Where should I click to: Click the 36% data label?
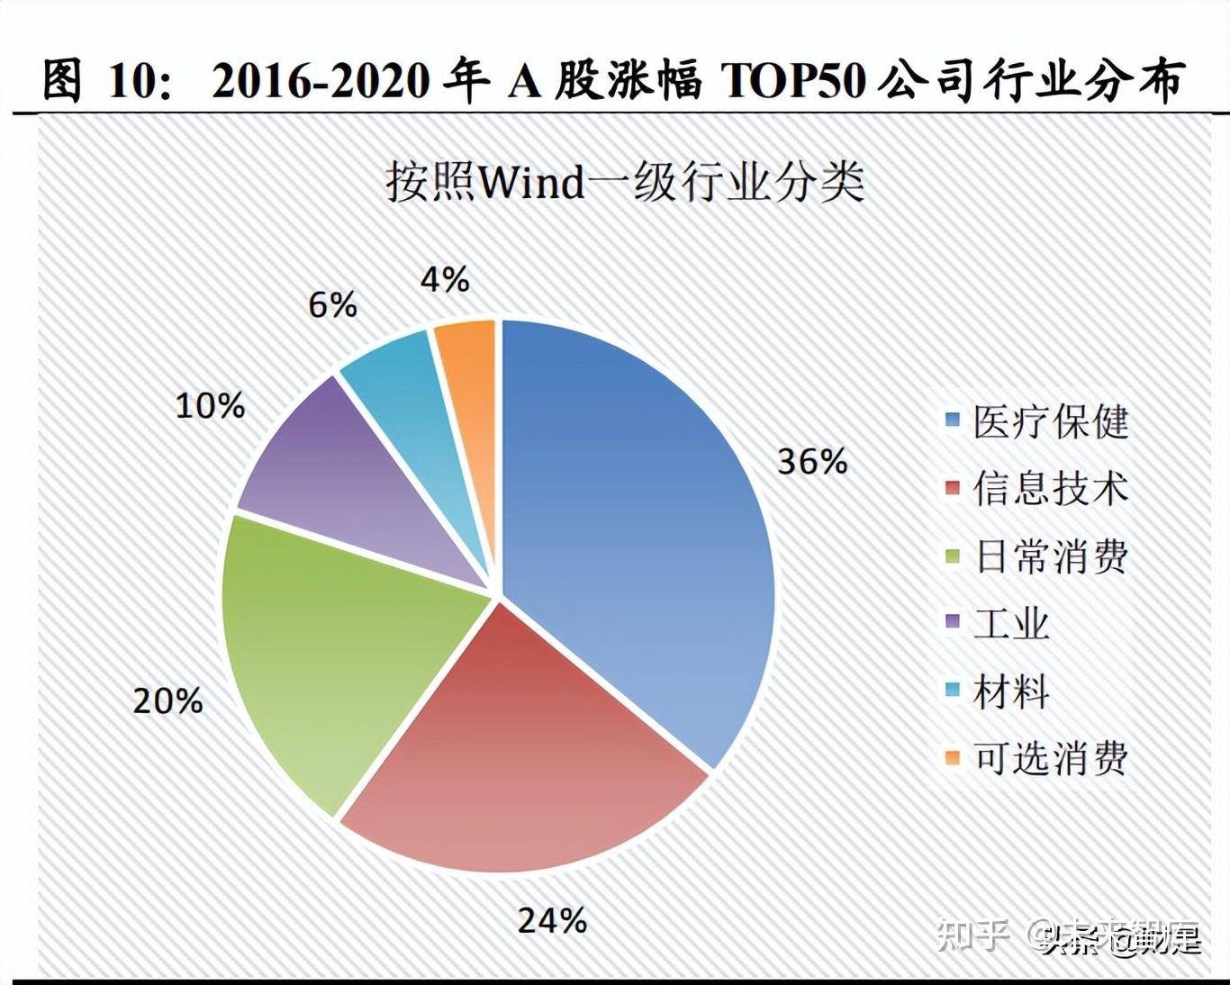coord(812,462)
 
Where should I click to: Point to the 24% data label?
coord(552,920)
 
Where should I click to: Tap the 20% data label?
coord(167,701)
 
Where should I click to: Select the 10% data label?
coord(209,406)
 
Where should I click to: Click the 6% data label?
coord(332,306)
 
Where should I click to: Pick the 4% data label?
coord(444,280)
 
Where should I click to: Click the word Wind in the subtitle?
coord(532,183)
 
